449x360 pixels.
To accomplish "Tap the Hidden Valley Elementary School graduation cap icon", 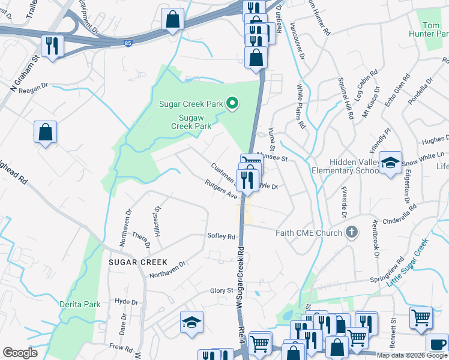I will tap(390, 163).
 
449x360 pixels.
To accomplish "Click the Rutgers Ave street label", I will tap(221, 190).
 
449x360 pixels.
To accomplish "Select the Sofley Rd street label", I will tap(221, 236).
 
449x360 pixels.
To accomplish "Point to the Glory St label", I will tap(221, 291).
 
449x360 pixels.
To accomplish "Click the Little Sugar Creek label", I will tap(408, 262).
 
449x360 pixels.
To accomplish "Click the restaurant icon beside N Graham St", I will tap(50, 44).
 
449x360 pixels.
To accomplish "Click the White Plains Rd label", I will tap(301, 107).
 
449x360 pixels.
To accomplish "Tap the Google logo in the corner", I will tap(20, 353).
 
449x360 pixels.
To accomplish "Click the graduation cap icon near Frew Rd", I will tap(192, 322).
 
